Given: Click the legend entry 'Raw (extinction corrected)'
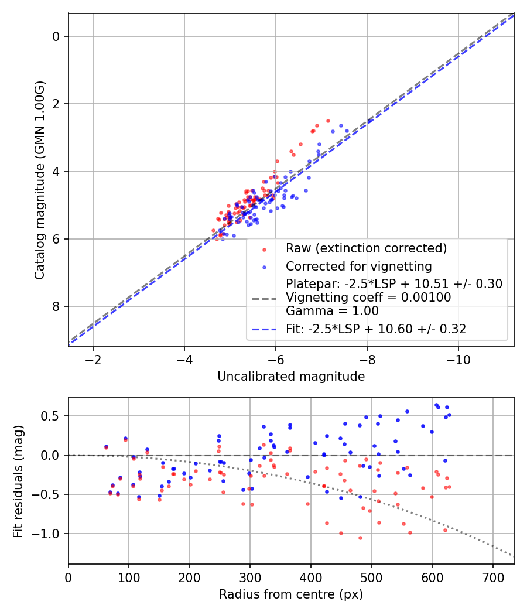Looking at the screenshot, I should [x=366, y=248].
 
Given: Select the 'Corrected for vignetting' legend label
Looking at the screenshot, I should [x=358, y=266].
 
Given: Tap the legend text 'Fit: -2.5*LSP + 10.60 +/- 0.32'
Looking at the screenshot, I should [x=376, y=329].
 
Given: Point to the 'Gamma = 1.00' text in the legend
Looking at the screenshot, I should [x=332, y=311].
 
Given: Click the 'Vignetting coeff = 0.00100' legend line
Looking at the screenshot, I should [x=368, y=298].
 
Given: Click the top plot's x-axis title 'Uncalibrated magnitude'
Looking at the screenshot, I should [x=291, y=377].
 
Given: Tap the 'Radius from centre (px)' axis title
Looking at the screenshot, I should [x=291, y=594].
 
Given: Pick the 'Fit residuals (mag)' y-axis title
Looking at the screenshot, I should [x=18, y=481].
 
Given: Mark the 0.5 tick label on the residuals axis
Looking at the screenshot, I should [x=53, y=416].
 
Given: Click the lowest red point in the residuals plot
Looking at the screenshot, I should [x=360, y=538].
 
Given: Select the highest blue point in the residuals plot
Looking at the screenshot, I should [x=436, y=405].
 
